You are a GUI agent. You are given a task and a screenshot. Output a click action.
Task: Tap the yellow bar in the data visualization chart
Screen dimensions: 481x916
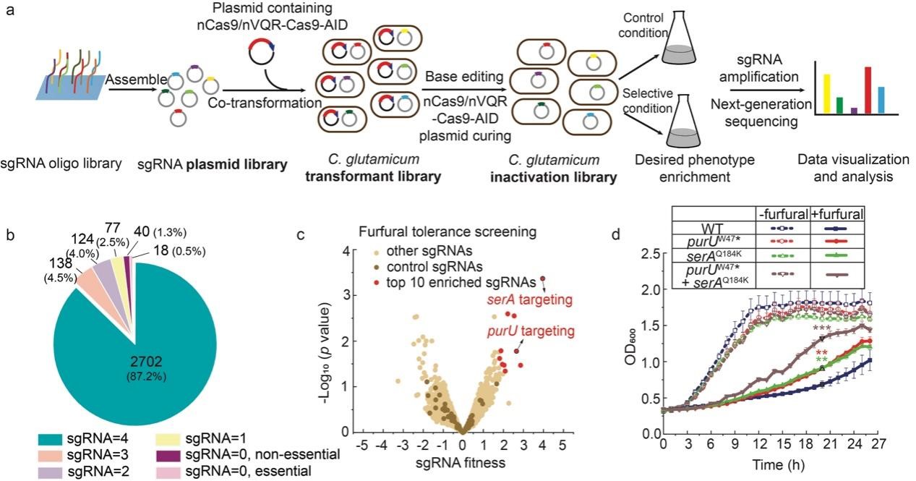826,93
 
